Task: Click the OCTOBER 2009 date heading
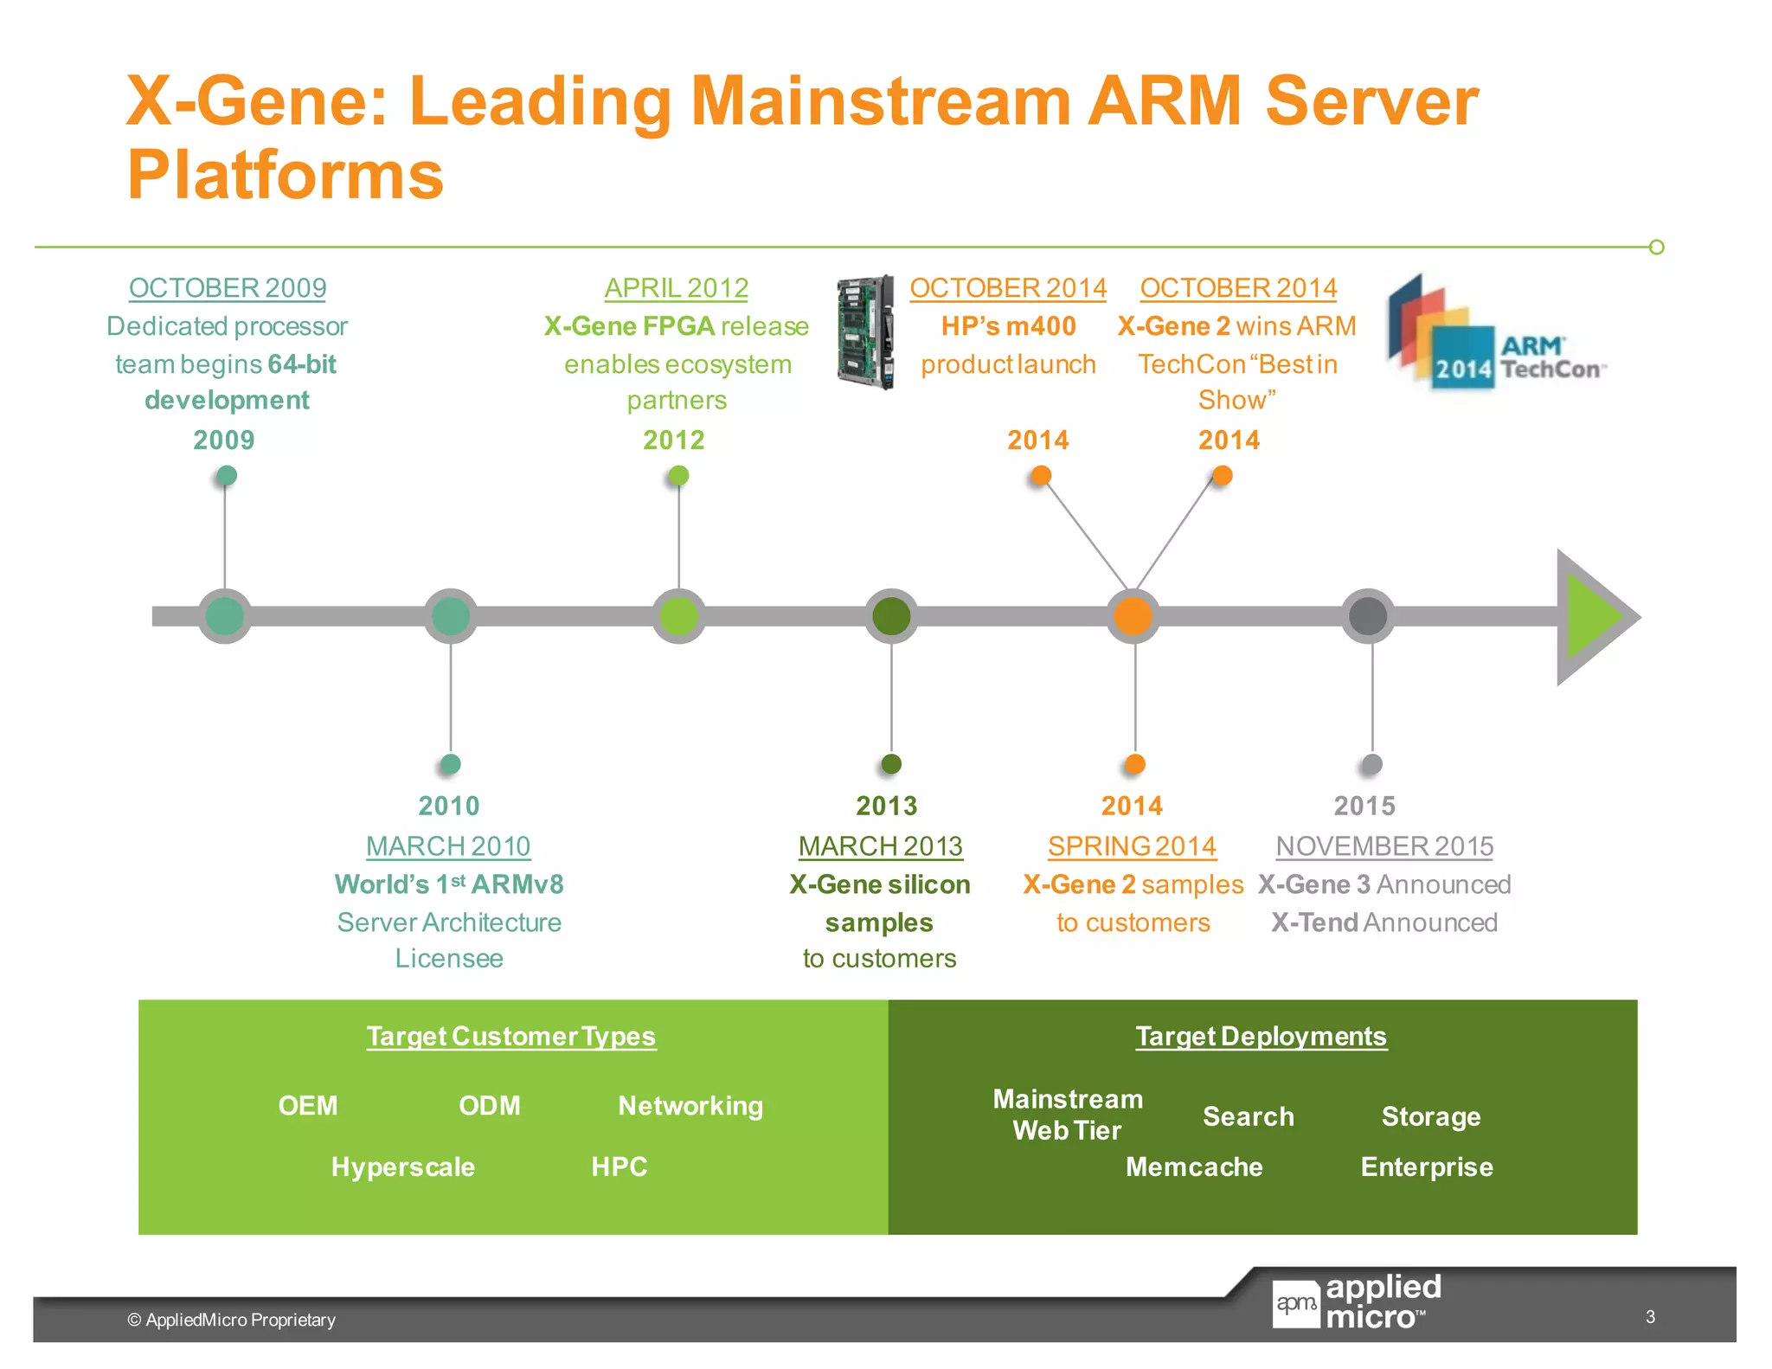[x=228, y=287]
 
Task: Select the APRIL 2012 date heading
[x=676, y=287]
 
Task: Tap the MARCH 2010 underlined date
[x=448, y=845]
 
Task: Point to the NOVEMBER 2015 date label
[x=1384, y=845]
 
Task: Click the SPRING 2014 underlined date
[x=1132, y=845]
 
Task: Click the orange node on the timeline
[x=1133, y=616]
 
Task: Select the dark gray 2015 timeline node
[x=1368, y=616]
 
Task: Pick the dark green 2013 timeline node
[x=891, y=616]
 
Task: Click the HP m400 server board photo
[x=865, y=332]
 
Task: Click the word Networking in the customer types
[x=690, y=1105]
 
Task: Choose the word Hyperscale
[x=403, y=1167]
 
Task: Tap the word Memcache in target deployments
[x=1194, y=1167]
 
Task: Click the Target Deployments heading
[x=1261, y=1036]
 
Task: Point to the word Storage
[x=1431, y=1116]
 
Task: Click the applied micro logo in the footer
[x=1357, y=1302]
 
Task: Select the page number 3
[x=1650, y=1316]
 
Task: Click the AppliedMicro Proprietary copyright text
[x=232, y=1320]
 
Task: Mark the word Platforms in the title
[x=286, y=175]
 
